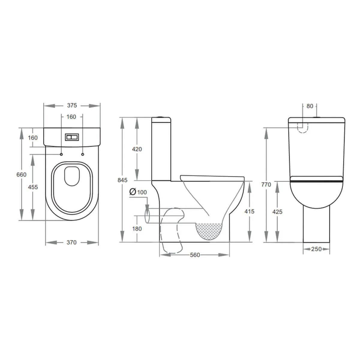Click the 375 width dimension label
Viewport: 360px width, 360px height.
click(72, 105)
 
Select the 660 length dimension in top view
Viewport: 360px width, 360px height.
click(21, 175)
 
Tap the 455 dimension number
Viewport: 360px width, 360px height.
click(33, 187)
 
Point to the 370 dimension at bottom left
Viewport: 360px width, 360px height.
click(72, 242)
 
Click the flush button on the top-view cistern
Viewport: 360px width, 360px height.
click(72, 137)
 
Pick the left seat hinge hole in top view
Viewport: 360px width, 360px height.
click(61, 154)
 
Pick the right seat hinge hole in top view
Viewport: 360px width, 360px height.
click(83, 154)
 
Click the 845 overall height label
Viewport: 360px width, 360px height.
click(122, 180)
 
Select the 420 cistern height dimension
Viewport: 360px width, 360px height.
click(137, 149)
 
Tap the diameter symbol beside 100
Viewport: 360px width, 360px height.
click(133, 192)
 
